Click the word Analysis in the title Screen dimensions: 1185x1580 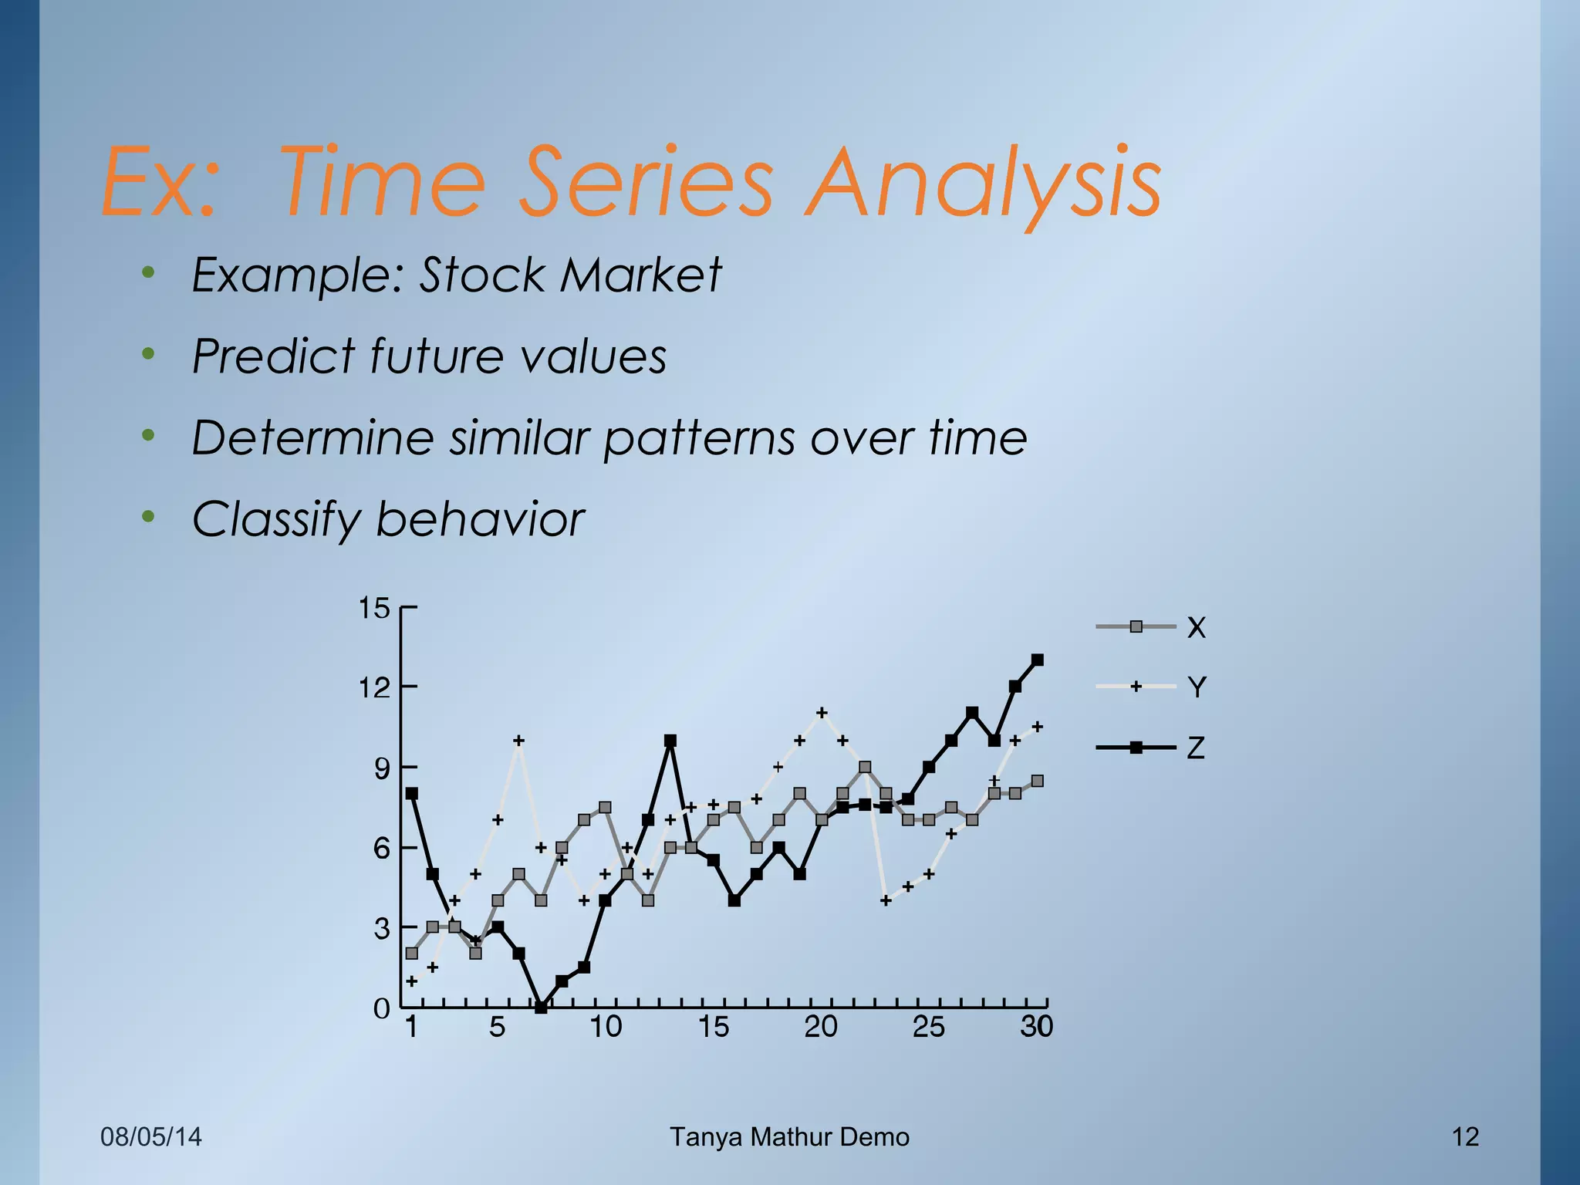(x=984, y=184)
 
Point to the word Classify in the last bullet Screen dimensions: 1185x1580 (x=275, y=519)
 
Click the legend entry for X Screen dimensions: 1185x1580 (x=1196, y=627)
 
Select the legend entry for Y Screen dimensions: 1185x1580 (x=1196, y=687)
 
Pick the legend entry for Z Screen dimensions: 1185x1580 (x=1196, y=748)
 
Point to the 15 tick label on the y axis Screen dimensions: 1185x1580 (x=375, y=609)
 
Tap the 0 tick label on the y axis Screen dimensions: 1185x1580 (x=382, y=1008)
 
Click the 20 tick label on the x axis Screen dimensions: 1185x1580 (x=821, y=1027)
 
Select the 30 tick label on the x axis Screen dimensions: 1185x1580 (x=1037, y=1027)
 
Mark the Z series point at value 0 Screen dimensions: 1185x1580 (x=541, y=1007)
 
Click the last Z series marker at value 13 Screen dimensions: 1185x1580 (x=1038, y=660)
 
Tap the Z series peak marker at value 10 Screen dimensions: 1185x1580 (x=670, y=741)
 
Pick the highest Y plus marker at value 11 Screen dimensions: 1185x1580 (x=822, y=712)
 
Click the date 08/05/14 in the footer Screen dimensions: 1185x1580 (x=151, y=1136)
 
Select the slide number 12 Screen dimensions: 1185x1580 (x=1465, y=1136)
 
